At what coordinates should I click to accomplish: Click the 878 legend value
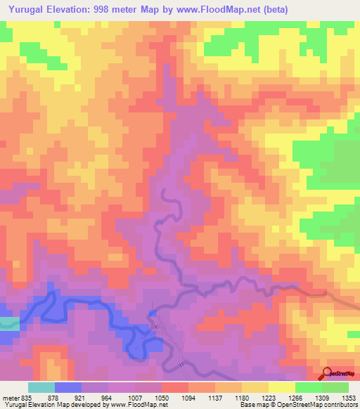click(x=52, y=398)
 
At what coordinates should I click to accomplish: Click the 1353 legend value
click(x=349, y=398)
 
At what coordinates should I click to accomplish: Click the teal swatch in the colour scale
click(x=41, y=388)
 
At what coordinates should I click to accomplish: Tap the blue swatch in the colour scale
click(x=67, y=388)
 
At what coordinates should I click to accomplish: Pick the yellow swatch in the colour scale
click(x=281, y=388)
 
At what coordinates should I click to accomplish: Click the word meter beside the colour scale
click(x=10, y=398)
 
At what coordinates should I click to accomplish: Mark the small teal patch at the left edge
click(x=8, y=324)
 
